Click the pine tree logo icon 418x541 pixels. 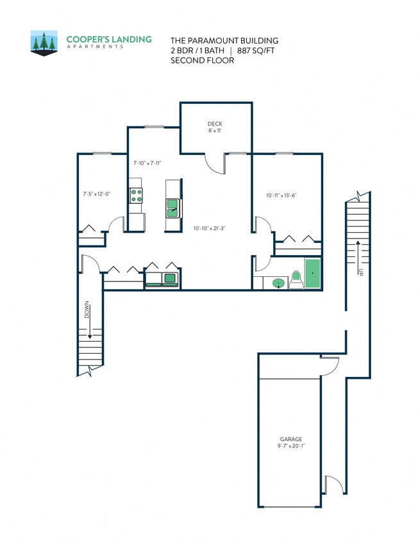pyautogui.click(x=44, y=42)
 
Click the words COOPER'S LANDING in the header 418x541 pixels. pyautogui.click(x=109, y=39)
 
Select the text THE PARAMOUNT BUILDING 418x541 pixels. pyautogui.click(x=215, y=39)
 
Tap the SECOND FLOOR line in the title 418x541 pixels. pyautogui.click(x=202, y=60)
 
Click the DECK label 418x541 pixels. pyautogui.click(x=215, y=124)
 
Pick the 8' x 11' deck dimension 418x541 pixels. pyautogui.click(x=215, y=131)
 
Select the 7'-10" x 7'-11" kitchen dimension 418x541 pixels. pyautogui.click(x=147, y=163)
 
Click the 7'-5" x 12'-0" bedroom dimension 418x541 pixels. pyautogui.click(x=97, y=193)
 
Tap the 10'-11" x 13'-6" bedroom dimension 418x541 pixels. pyautogui.click(x=284, y=195)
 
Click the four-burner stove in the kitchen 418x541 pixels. pyautogui.click(x=136, y=194)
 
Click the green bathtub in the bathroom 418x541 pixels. pyautogui.click(x=312, y=274)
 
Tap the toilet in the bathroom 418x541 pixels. pyautogui.click(x=296, y=279)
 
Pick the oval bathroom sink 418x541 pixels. pyautogui.click(x=280, y=283)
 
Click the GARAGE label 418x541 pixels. pyautogui.click(x=290, y=439)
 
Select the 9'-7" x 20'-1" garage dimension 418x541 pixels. pyautogui.click(x=290, y=447)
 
